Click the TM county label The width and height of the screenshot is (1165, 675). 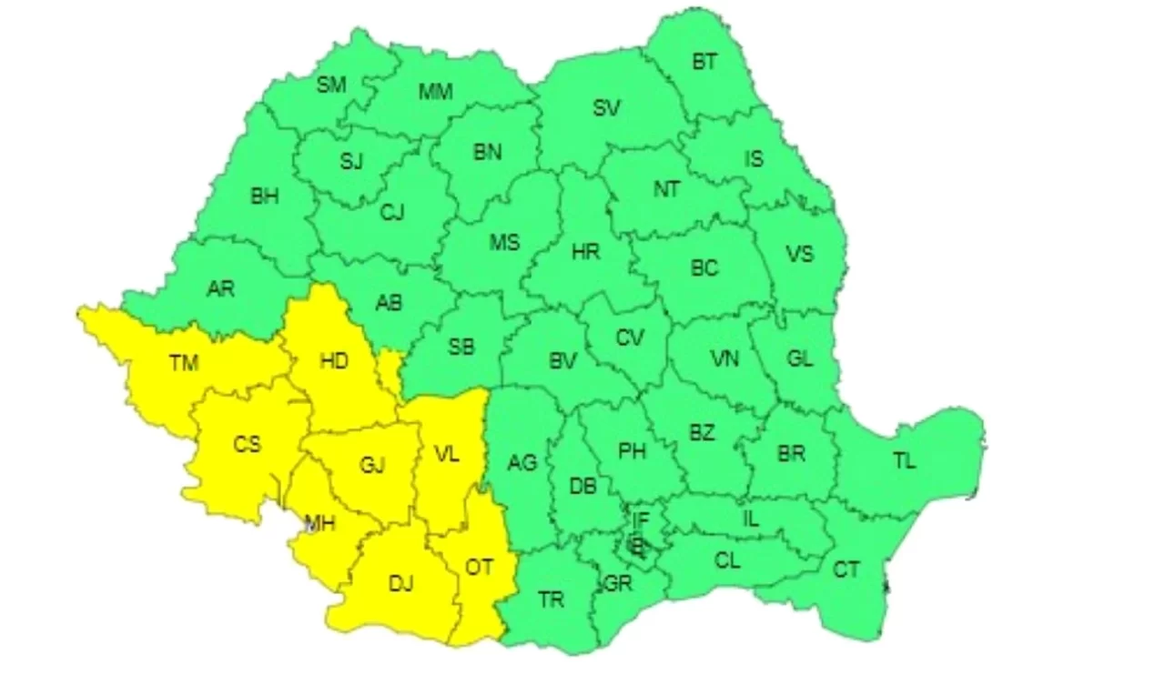(183, 363)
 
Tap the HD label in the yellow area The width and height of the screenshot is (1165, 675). (334, 361)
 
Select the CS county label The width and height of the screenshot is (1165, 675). (247, 445)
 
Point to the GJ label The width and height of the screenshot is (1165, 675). (371, 466)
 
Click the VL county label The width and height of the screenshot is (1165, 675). (447, 452)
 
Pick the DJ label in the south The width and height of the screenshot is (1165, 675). (400, 584)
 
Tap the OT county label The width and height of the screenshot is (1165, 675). (479, 567)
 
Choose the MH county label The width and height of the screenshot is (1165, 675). (319, 523)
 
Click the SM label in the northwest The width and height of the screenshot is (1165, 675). (331, 85)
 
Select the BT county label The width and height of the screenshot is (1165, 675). (704, 62)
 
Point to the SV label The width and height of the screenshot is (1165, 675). (607, 108)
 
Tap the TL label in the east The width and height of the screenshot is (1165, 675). (904, 461)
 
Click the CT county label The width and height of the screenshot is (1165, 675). (846, 570)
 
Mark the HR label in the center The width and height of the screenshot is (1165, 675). (586, 251)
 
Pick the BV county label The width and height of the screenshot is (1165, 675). (563, 361)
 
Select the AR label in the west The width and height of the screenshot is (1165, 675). (220, 289)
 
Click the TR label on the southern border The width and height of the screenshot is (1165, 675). (551, 599)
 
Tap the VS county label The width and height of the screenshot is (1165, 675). (799, 254)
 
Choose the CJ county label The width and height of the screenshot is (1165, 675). (391, 213)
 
